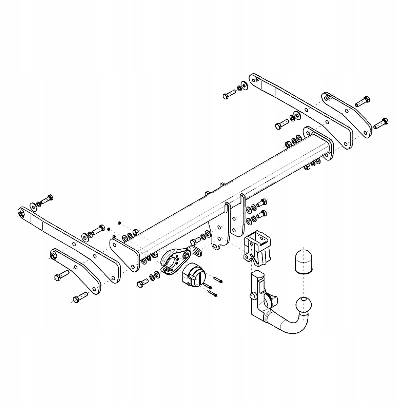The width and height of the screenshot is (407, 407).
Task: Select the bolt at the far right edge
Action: point(381,123)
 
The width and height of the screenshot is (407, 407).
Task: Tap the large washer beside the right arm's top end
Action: point(244,84)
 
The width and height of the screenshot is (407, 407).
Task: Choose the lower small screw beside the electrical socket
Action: point(213,292)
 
